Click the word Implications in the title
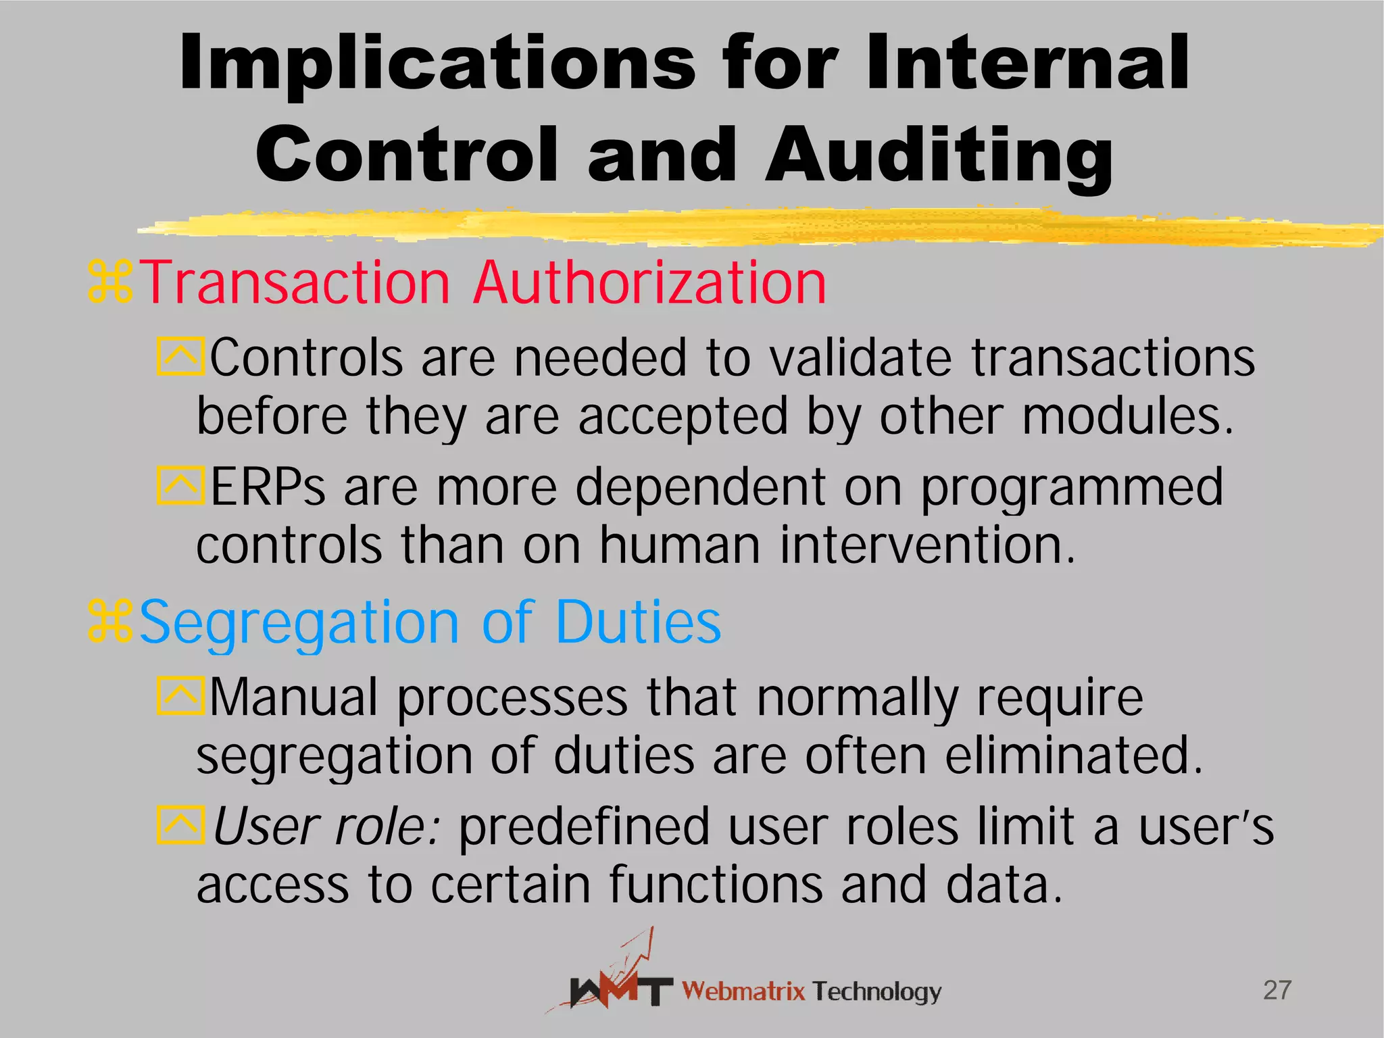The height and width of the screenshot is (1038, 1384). (437, 64)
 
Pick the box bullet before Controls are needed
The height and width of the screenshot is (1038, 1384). (180, 356)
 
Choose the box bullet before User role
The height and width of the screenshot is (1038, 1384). (180, 825)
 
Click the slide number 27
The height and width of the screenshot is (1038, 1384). (1277, 990)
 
